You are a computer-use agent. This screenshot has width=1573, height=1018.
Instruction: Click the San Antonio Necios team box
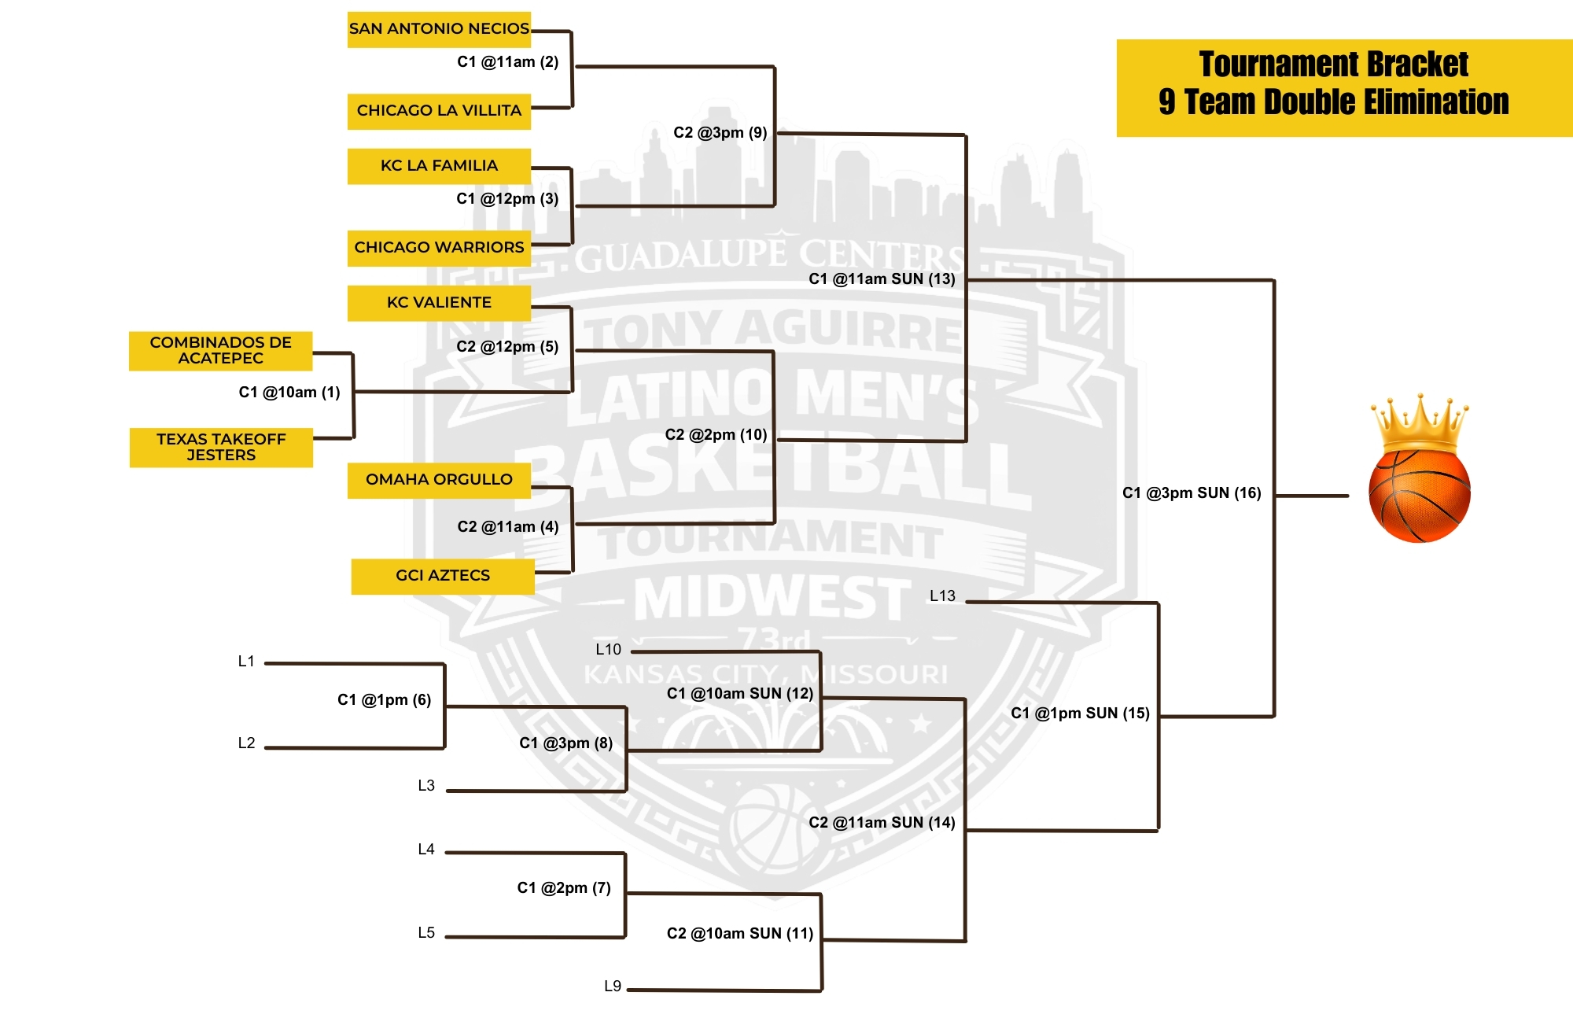(x=439, y=29)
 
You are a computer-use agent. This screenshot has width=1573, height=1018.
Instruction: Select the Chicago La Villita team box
(x=439, y=111)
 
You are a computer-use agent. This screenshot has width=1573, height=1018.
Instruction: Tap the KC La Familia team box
(x=439, y=166)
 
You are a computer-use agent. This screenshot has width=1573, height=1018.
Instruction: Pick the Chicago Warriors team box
(x=439, y=248)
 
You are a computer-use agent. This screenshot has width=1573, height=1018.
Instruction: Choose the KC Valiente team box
(x=439, y=303)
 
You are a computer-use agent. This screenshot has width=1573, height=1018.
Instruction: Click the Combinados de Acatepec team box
(x=221, y=351)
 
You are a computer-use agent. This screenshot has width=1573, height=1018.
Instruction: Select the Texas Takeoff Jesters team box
(x=221, y=448)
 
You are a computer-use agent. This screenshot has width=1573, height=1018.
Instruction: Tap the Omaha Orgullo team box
(x=439, y=480)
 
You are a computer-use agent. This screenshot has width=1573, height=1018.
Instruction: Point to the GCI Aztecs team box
(x=443, y=576)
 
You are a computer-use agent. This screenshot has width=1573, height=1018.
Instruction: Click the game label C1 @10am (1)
(x=289, y=393)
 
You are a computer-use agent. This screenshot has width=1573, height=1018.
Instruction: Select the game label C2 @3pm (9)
(x=720, y=133)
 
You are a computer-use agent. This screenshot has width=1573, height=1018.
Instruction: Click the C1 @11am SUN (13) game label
(x=882, y=279)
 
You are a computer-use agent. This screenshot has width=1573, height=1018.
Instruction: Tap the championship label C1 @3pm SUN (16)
(x=1192, y=493)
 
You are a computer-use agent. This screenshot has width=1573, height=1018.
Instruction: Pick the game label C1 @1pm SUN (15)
(x=1080, y=714)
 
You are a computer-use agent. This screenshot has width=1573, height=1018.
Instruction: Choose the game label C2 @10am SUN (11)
(x=740, y=934)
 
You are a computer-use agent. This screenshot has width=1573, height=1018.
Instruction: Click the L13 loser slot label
(x=942, y=596)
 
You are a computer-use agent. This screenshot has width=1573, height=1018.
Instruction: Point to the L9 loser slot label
(x=613, y=987)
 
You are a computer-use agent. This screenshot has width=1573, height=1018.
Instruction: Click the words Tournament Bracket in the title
(x=1334, y=65)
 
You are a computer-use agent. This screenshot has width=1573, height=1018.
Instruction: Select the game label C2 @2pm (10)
(x=716, y=435)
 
